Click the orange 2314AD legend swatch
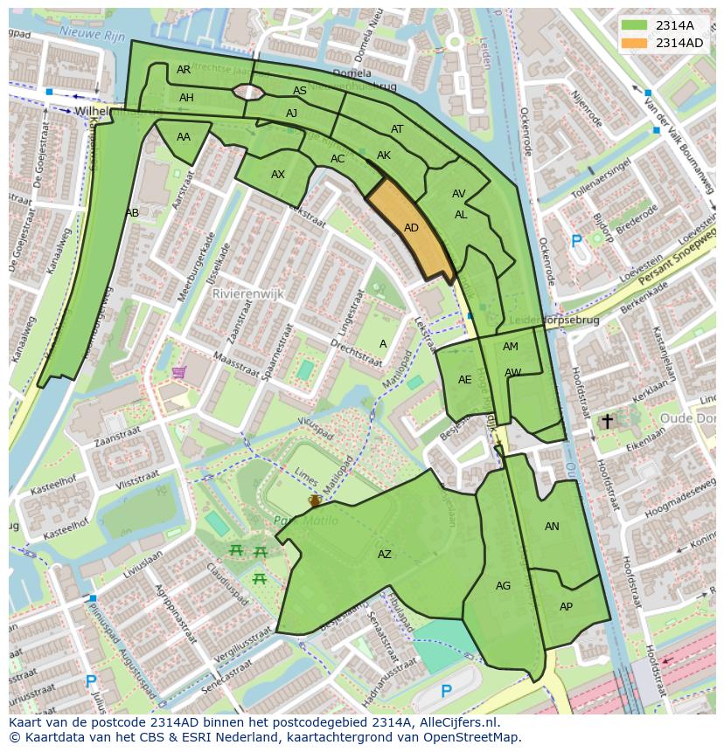pyautogui.click(x=635, y=43)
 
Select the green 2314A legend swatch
pyautogui.click(x=635, y=25)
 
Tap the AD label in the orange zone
pyautogui.click(x=412, y=228)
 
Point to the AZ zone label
pyautogui.click(x=385, y=555)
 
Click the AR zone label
pyautogui.click(x=184, y=70)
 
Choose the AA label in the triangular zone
pyautogui.click(x=184, y=137)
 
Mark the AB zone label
pyautogui.click(x=132, y=213)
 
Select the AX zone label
pyautogui.click(x=278, y=175)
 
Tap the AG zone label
pyautogui.click(x=503, y=586)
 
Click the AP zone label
pyautogui.click(x=566, y=607)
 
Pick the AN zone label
pyautogui.click(x=552, y=527)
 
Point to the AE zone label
pyautogui.click(x=465, y=380)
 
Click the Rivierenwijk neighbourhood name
pyautogui.click(x=249, y=294)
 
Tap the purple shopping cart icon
pyautogui.click(x=179, y=373)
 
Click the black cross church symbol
pyautogui.click(x=607, y=421)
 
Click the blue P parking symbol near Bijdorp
pyautogui.click(x=575, y=241)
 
